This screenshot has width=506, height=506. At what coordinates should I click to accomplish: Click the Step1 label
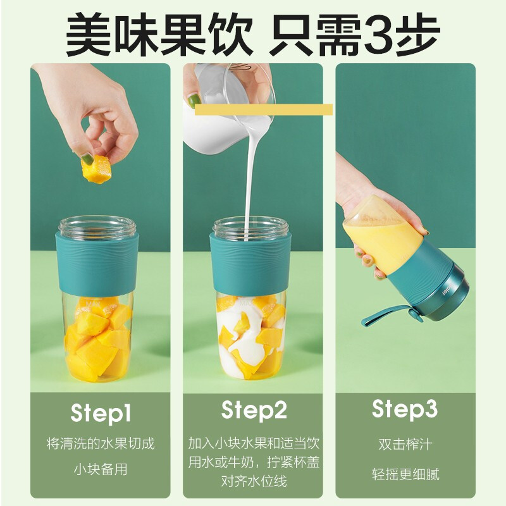101,414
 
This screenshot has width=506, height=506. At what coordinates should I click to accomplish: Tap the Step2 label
254,410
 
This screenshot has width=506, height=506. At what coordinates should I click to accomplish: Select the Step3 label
405,409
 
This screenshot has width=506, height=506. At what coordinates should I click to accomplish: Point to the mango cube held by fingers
96,169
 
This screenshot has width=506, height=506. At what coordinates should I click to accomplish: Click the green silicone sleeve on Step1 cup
97,263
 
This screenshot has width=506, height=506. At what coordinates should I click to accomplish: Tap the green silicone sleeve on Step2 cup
250,263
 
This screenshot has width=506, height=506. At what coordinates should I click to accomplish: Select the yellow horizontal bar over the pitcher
263,109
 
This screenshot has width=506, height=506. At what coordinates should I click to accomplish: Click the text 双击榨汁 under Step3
405,445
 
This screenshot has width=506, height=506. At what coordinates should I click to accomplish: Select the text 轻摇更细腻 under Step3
405,474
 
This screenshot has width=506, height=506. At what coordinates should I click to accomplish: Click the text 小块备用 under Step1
101,469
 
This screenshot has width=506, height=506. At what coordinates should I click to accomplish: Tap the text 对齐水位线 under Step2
254,481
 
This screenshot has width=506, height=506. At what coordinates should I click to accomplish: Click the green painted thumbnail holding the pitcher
193,101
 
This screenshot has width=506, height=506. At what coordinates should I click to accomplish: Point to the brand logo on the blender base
445,289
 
